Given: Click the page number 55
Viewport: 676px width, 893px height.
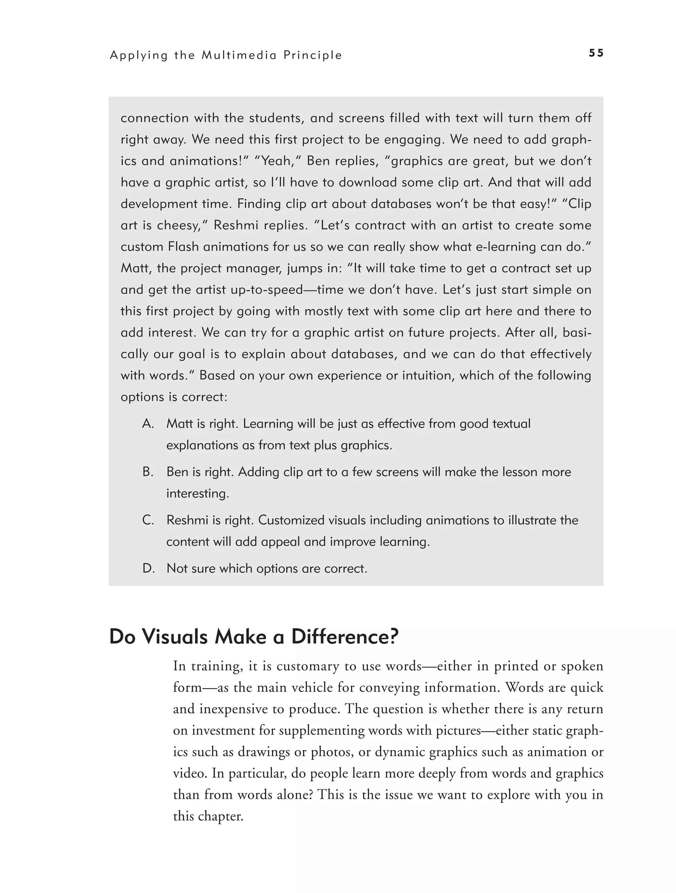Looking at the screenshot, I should tap(596, 53).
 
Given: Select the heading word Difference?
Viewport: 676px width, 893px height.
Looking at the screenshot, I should tap(345, 637).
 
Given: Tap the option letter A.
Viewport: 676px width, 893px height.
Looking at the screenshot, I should tap(148, 424).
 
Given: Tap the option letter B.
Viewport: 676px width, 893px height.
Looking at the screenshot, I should tap(148, 472).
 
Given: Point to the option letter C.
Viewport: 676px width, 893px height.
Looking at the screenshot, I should tap(148, 520).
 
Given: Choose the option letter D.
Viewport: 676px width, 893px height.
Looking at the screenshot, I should tap(148, 568).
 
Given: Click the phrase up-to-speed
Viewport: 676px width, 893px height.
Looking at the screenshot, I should tap(267, 289).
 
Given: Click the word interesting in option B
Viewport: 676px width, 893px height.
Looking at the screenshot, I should tap(197, 493).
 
